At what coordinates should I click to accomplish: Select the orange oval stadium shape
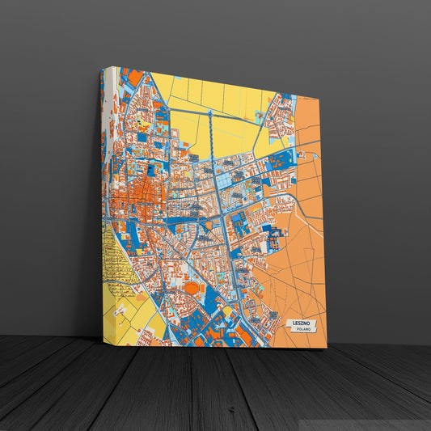[192, 288]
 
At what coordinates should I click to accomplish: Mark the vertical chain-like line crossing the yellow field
[211, 133]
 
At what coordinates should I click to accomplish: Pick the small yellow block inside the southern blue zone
[228, 311]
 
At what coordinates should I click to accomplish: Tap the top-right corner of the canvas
[319, 95]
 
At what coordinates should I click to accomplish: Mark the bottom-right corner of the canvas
[327, 348]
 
